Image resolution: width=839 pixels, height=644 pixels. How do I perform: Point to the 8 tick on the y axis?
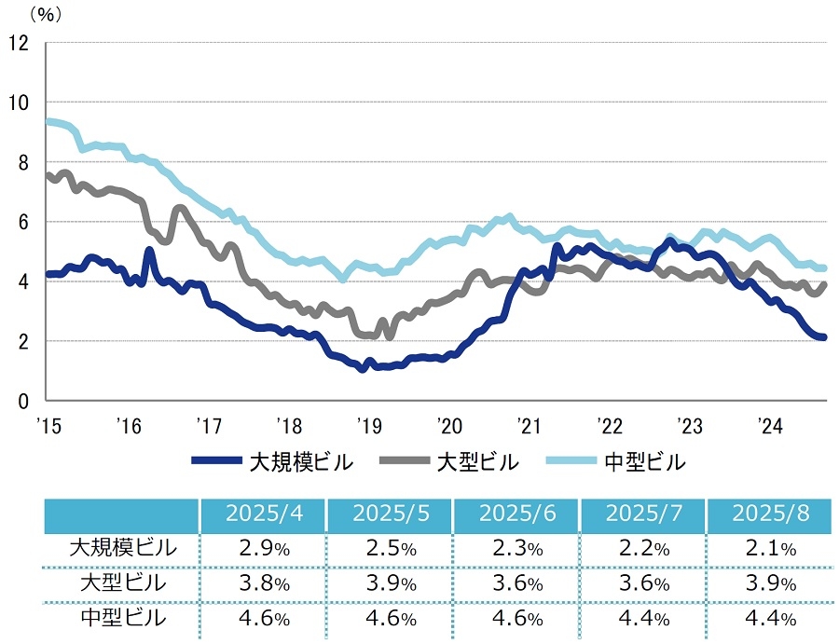(22, 162)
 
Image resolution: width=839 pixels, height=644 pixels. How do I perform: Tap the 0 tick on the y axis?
(22, 401)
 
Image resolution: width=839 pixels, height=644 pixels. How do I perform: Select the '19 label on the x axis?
(367, 426)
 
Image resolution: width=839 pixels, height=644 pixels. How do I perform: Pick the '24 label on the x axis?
(769, 426)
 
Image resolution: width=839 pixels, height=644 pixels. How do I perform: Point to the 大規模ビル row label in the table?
(122, 549)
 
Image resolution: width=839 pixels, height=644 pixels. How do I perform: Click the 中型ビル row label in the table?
(122, 618)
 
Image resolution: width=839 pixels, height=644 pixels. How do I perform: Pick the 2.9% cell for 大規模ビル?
(262, 549)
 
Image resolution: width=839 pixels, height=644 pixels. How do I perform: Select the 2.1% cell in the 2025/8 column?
(770, 549)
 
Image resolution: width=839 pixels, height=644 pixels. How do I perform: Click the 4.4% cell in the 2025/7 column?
(643, 618)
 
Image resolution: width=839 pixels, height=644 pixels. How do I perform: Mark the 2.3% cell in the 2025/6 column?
(516, 549)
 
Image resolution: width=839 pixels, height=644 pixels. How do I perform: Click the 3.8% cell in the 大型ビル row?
(262, 583)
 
